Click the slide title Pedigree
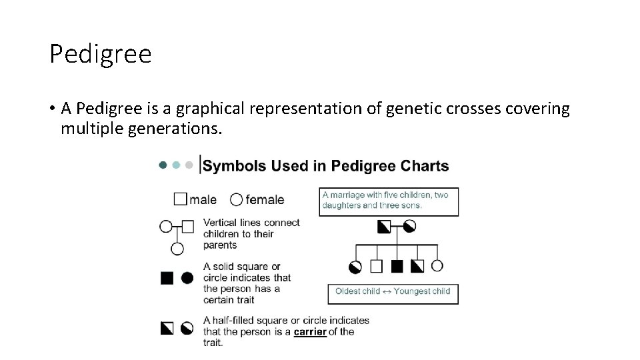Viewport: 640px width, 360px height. [101, 54]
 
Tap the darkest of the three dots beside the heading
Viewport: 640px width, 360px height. [162, 165]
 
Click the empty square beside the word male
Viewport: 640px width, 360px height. [180, 199]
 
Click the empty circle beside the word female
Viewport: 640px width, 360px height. [236, 199]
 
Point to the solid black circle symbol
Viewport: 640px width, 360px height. [187, 277]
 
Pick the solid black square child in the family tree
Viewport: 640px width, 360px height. [397, 267]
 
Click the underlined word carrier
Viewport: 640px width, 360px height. [309, 331]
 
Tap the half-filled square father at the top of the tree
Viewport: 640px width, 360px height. [385, 227]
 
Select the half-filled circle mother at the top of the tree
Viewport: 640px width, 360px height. [409, 227]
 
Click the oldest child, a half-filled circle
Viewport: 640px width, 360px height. [355, 267]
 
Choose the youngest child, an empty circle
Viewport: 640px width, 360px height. [437, 266]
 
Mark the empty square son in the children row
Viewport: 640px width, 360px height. [376, 267]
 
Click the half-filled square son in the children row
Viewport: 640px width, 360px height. [417, 267]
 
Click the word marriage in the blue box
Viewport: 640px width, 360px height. [348, 195]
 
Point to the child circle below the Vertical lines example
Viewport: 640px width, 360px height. [177, 249]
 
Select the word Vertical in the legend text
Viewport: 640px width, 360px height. [219, 223]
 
